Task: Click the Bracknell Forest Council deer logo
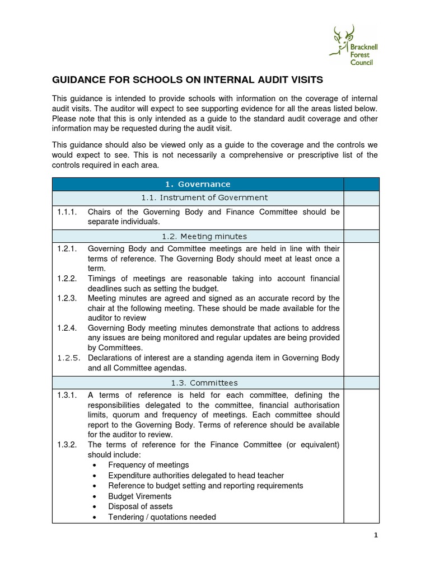tap(353, 44)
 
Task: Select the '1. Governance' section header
tap(198, 184)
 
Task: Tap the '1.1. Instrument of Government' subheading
tap(198, 198)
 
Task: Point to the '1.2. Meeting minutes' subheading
tap(198, 236)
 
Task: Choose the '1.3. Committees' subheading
tap(198, 383)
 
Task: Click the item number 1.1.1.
tap(67, 212)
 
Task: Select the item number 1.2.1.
tap(67, 248)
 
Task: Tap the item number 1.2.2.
tap(67, 279)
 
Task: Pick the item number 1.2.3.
tap(67, 298)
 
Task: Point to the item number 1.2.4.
tap(67, 328)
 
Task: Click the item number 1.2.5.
tap(67, 358)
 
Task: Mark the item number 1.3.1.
tap(67, 395)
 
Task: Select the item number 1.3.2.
tap(67, 445)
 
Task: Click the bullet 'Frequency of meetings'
tap(148, 465)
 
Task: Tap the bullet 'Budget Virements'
tap(139, 496)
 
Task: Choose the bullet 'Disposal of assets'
tap(140, 506)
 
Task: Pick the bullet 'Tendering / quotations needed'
tap(162, 517)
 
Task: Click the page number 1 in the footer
tap(376, 536)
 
